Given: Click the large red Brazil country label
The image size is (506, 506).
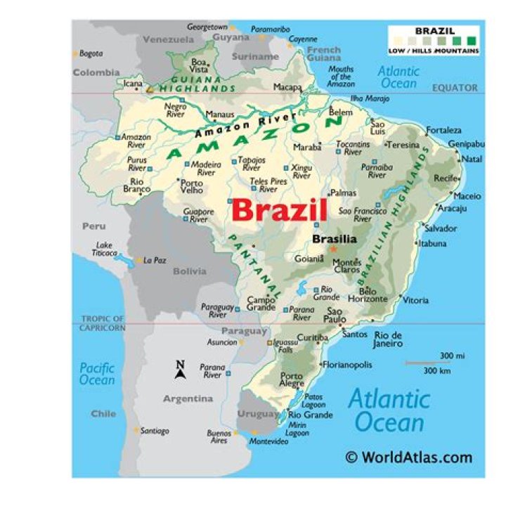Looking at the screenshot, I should click(x=279, y=210).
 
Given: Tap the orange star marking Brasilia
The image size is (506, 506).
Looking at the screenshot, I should click(x=334, y=249).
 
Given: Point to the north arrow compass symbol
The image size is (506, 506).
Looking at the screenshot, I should click(x=180, y=370).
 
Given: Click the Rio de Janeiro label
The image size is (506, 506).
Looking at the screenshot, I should click(x=389, y=339).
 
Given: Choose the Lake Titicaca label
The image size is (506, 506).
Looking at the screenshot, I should click(x=104, y=249).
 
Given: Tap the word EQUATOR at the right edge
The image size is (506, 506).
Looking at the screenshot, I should click(x=455, y=88).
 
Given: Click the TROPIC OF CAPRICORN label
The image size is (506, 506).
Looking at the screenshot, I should click(x=103, y=323).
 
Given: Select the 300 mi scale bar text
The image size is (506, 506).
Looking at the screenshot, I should click(x=453, y=356).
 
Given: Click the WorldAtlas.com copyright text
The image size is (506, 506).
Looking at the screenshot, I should click(x=409, y=458).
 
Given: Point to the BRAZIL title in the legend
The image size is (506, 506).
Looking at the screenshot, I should click(x=434, y=31).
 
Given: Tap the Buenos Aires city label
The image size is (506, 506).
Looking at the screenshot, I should click(x=219, y=437).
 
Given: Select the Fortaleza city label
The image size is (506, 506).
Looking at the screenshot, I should click(x=444, y=130).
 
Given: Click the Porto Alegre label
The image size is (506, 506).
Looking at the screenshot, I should click(x=292, y=380).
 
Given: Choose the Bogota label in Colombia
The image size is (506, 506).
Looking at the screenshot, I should click(x=91, y=53).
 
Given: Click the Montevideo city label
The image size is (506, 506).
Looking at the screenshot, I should click(x=269, y=441).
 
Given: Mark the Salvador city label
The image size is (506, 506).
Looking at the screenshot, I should click(x=441, y=228).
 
